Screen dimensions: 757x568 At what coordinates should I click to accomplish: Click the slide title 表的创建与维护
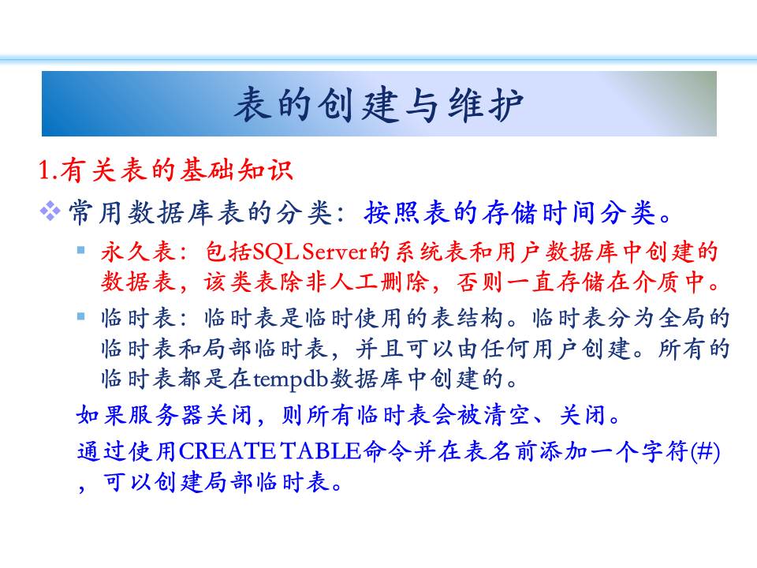click(x=379, y=104)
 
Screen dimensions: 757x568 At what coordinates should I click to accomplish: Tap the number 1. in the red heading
click(x=48, y=170)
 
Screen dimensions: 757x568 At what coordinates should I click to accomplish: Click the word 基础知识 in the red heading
click(x=236, y=170)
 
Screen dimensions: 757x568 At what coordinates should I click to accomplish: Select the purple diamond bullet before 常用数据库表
click(x=50, y=211)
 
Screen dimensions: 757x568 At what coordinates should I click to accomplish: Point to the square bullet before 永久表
click(x=81, y=250)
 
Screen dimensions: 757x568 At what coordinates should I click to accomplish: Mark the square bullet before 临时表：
click(x=81, y=316)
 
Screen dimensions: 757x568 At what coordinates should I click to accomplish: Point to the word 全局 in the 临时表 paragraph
click(x=682, y=318)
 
